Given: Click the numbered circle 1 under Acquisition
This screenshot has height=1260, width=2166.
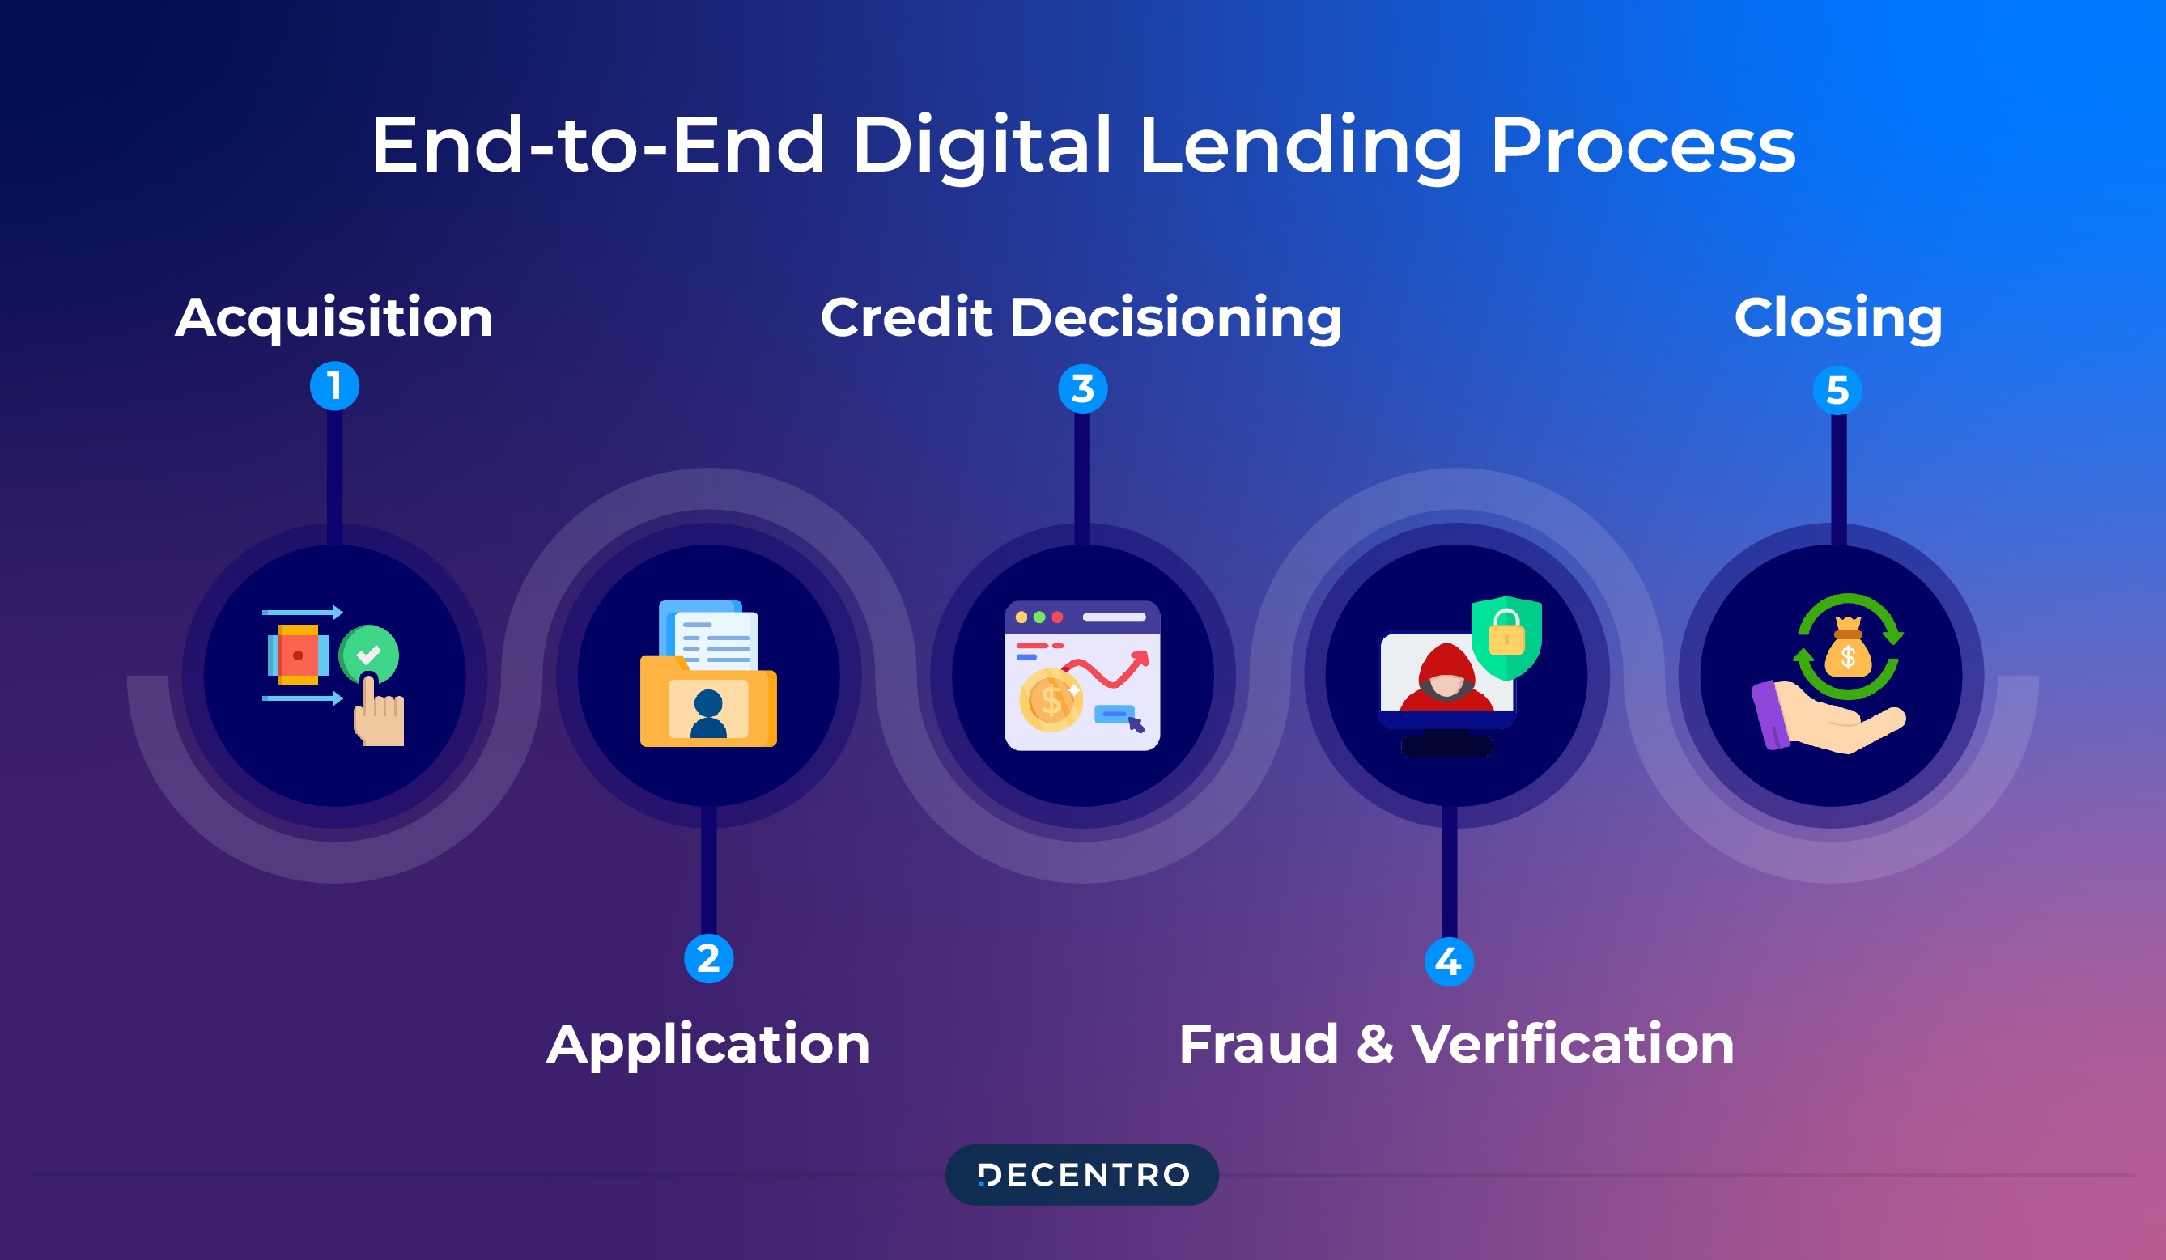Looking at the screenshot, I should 334,386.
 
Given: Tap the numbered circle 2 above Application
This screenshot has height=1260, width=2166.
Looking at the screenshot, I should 708,958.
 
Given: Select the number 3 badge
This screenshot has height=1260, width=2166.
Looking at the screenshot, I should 1082,388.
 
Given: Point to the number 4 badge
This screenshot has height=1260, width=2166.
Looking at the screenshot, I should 1448,961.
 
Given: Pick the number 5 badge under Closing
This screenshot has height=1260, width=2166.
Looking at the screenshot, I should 1837,390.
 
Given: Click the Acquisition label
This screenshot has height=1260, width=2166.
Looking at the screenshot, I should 333,317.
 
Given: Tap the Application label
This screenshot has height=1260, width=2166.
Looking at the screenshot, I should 708,1045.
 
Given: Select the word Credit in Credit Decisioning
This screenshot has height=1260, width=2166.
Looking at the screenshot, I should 906,317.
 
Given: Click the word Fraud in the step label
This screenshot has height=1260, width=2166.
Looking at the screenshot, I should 1258,1044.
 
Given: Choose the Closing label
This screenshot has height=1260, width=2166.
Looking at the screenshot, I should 1837,317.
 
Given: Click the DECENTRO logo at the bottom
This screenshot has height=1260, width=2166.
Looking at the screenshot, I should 1082,1174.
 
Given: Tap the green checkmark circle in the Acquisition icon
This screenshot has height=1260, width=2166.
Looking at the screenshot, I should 369,655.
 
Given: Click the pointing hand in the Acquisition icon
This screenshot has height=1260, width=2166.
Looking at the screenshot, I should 378,715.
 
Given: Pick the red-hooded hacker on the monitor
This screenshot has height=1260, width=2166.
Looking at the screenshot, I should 1446,679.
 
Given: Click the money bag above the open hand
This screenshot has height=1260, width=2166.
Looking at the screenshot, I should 1847,651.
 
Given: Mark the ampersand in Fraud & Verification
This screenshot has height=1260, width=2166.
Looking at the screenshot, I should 1375,1044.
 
